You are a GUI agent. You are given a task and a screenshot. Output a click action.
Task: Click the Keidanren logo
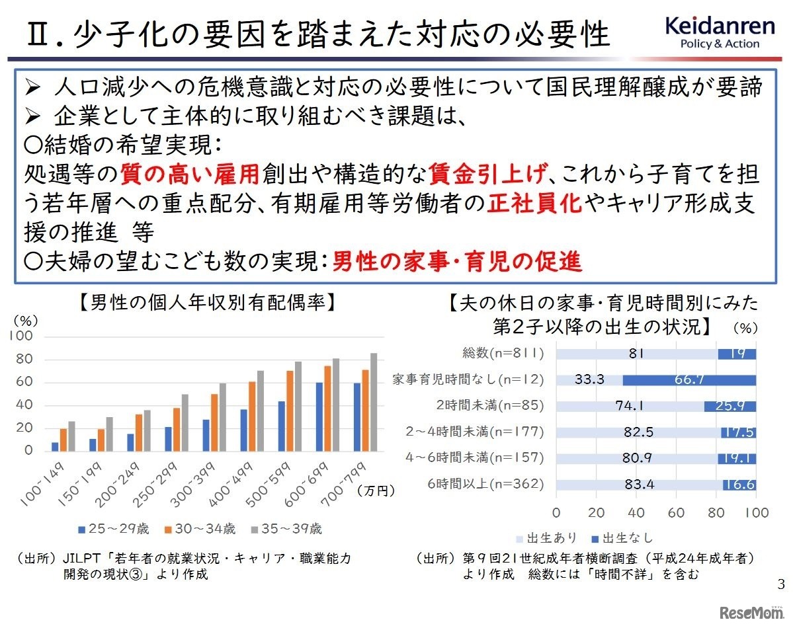[x=720, y=32]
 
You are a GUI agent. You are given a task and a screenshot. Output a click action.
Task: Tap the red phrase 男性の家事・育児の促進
[x=456, y=262]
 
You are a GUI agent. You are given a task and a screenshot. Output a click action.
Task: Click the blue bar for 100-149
[x=55, y=447]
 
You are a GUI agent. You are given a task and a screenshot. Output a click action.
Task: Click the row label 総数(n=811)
[x=505, y=354]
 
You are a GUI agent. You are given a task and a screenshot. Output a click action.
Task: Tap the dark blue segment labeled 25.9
[x=730, y=406]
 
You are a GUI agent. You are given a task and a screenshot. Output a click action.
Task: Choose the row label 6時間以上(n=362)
[x=485, y=484]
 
